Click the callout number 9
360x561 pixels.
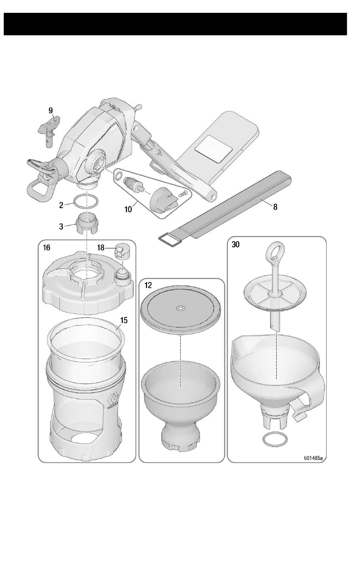point(51,110)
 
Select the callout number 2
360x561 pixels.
point(61,205)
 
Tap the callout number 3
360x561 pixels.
point(61,227)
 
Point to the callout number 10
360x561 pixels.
point(128,209)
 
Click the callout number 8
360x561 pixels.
point(275,207)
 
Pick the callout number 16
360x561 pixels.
point(46,248)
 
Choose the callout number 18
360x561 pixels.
point(100,248)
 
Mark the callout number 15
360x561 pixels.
point(124,320)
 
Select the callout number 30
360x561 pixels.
point(236,245)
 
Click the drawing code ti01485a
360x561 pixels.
point(313,458)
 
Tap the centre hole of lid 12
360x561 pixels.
point(180,309)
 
